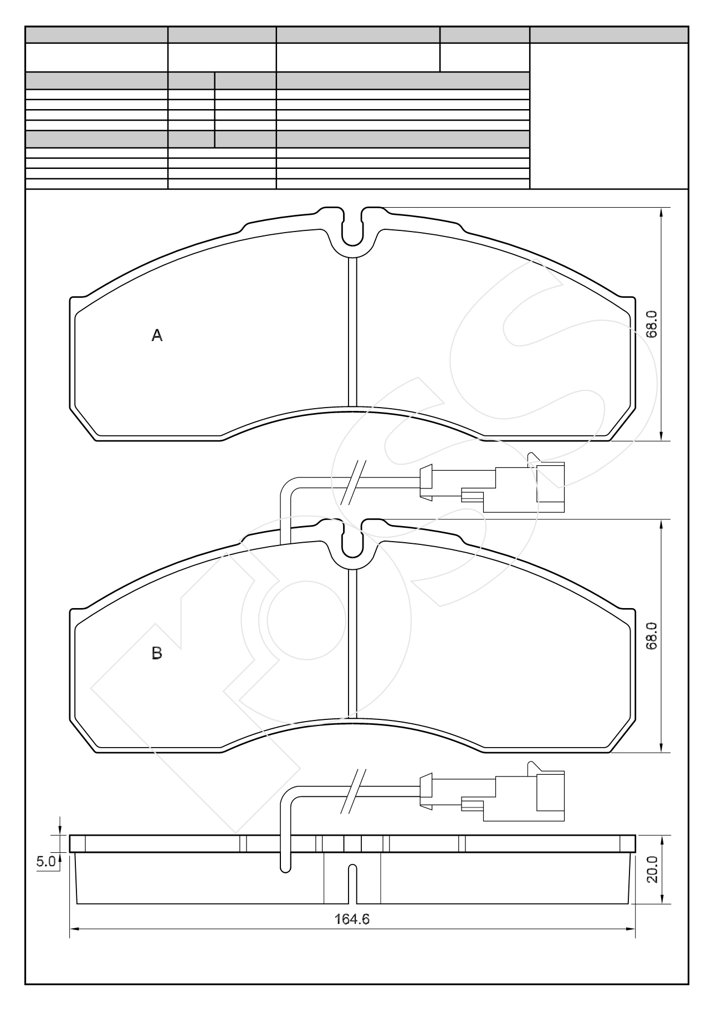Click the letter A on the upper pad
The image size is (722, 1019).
pos(157,335)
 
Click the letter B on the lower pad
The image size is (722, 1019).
pos(157,653)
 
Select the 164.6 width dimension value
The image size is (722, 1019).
pos(352,919)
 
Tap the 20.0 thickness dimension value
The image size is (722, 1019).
pos(652,869)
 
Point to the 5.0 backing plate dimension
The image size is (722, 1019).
pos(46,861)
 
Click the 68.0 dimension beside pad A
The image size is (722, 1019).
pos(652,324)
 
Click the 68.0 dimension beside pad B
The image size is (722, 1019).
pos(652,636)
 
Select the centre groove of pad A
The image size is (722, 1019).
pos(352,332)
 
